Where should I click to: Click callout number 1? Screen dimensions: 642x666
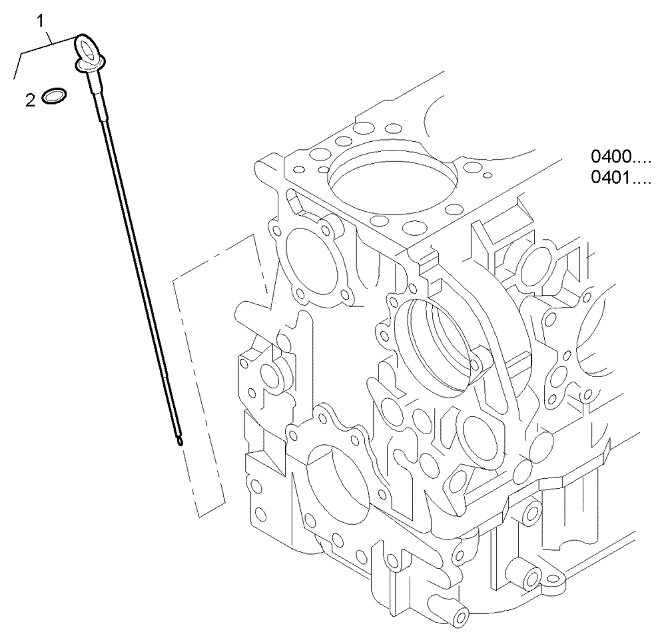tap(41, 21)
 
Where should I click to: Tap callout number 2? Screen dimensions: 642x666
tap(30, 100)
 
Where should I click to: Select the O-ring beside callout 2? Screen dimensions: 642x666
tap(54, 97)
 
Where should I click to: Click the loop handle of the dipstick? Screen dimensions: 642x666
tap(85, 49)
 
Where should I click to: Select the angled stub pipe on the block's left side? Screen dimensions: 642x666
tap(256, 311)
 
